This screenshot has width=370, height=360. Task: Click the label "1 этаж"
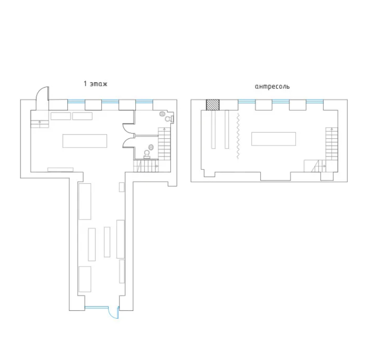pos(96,84)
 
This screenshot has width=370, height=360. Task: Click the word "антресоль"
pos(272,87)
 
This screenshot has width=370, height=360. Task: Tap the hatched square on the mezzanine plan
pos(212,105)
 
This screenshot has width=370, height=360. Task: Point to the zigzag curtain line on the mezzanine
pos(238,136)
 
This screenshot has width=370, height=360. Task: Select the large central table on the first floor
pos(85,141)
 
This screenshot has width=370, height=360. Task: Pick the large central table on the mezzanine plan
pos(273,139)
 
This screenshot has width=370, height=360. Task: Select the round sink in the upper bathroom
pos(162,114)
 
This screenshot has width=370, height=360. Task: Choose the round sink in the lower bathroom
pos(151,148)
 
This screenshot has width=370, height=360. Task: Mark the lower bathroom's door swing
pos(127,142)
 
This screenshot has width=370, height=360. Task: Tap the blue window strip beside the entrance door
pos(97,307)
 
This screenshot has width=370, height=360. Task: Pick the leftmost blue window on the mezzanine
pos(247,101)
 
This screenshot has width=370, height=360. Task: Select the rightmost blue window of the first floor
pos(144,101)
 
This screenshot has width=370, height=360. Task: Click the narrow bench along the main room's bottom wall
pos(60,169)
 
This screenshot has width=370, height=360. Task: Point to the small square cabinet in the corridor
pos(121,187)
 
